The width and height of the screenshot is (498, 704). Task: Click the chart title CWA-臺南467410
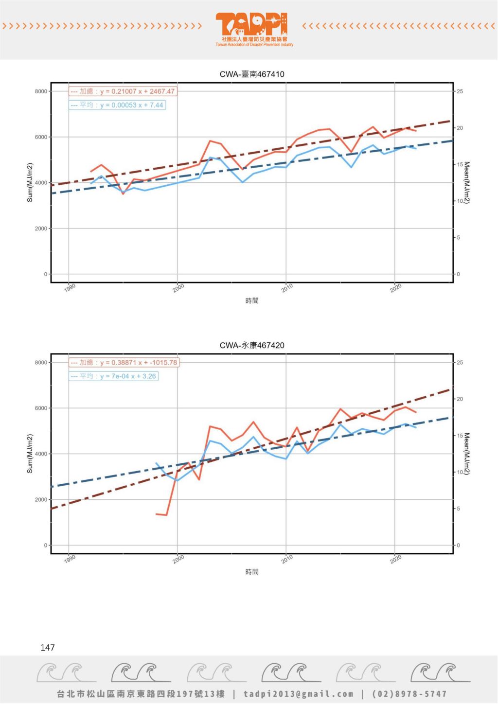click(x=252, y=74)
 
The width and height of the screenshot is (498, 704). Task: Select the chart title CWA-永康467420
click(x=252, y=346)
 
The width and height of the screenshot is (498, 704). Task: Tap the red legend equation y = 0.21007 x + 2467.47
click(x=137, y=91)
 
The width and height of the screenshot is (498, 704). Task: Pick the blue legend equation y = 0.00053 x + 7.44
click(x=132, y=105)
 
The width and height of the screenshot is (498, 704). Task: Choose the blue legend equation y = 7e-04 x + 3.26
click(x=128, y=376)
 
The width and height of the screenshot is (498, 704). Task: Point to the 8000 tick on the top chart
click(x=41, y=91)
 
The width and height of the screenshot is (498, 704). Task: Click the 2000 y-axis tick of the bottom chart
click(x=41, y=500)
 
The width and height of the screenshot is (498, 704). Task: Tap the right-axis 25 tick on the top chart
click(x=460, y=91)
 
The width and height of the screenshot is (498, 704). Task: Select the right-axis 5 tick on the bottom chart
click(x=458, y=509)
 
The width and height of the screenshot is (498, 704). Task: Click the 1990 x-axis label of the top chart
click(x=70, y=288)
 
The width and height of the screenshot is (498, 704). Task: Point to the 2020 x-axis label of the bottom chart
click(x=396, y=559)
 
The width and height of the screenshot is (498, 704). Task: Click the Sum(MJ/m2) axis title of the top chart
click(x=30, y=183)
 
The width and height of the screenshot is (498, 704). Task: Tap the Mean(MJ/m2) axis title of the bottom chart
click(x=467, y=454)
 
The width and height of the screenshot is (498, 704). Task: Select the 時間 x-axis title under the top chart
click(x=252, y=301)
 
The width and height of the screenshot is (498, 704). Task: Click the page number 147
click(x=48, y=648)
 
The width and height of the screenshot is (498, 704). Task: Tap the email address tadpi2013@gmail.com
click(x=299, y=694)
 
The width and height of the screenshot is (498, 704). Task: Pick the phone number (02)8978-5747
click(x=409, y=694)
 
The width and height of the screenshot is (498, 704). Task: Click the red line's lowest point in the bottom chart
click(x=166, y=515)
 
